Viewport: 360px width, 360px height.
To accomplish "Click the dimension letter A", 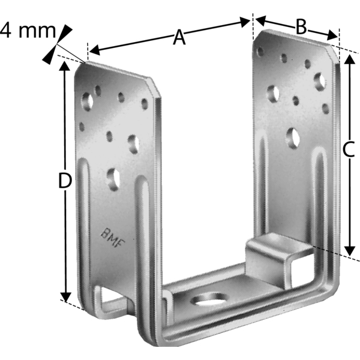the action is coord(179,38).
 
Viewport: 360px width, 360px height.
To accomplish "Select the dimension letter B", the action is coord(301,27).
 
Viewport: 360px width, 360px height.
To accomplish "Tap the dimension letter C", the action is coord(349,150).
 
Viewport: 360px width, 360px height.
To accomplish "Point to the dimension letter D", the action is coord(65,181).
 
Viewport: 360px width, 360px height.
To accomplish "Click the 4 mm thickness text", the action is coord(28,31).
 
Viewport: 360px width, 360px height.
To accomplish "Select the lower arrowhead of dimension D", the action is coord(66,296).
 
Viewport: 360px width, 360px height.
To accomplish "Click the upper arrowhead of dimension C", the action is coord(349,59).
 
